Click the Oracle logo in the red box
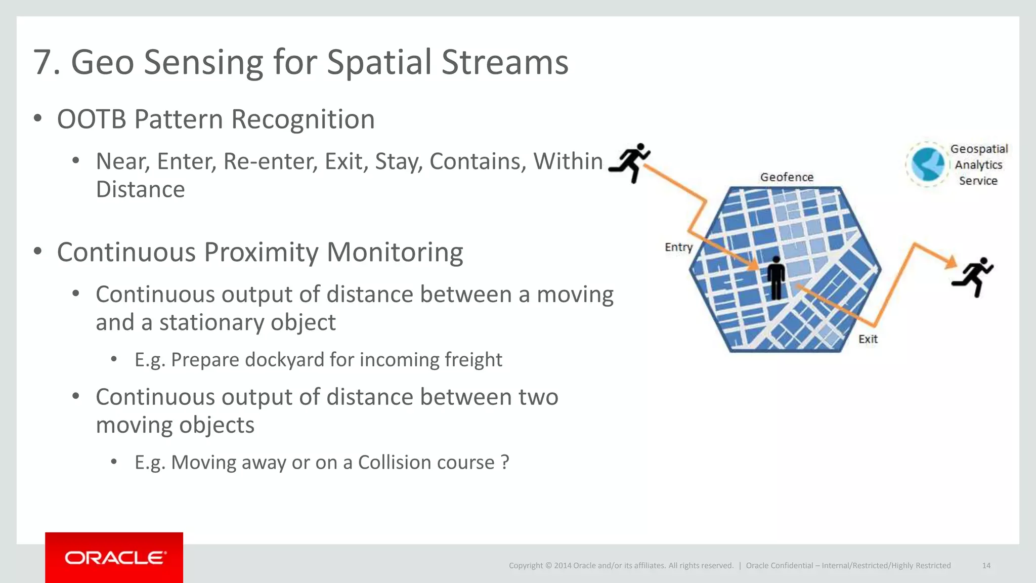pyautogui.click(x=114, y=558)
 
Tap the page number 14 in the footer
pyautogui.click(x=986, y=565)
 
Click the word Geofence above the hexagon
pyautogui.click(x=787, y=177)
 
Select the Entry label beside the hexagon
pyautogui.click(x=678, y=247)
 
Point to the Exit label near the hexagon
pyautogui.click(x=868, y=339)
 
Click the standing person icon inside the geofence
pyautogui.click(x=776, y=278)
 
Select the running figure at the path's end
pyautogui.click(x=973, y=277)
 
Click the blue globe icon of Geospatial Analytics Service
pyautogui.click(x=927, y=164)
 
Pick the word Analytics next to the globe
pyautogui.click(x=978, y=165)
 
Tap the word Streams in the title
pyautogui.click(x=504, y=63)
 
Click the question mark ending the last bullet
pyautogui.click(x=504, y=463)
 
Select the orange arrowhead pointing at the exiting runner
pyautogui.click(x=951, y=262)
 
